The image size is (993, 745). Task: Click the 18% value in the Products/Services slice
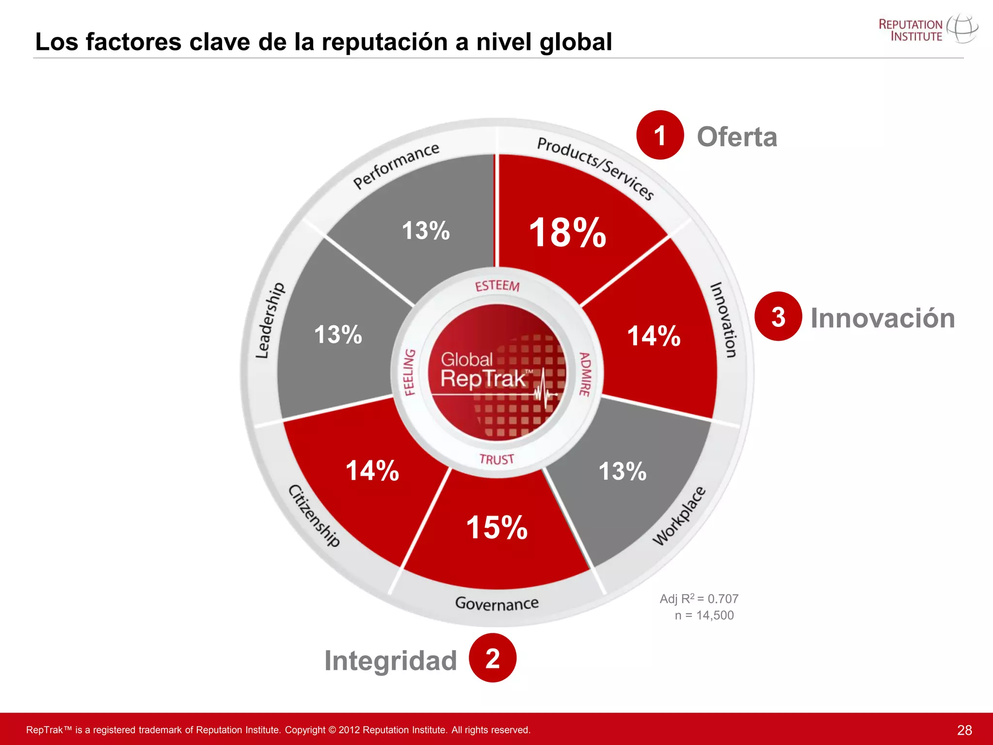567,233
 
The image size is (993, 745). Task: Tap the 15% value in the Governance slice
496,528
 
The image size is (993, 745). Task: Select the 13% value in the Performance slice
426,230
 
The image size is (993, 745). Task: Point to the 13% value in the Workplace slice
623,471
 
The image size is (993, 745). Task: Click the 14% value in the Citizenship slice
372,471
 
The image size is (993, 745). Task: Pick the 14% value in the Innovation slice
654,336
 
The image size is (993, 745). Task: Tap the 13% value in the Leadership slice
338,335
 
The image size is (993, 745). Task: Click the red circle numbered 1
660,135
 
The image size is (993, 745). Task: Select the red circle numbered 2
493,658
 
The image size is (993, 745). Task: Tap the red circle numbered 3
778,317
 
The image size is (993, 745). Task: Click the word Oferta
737,137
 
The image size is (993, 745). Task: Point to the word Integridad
390,661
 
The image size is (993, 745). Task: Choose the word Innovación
882,318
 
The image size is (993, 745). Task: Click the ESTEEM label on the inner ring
497,286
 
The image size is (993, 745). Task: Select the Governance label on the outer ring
496,603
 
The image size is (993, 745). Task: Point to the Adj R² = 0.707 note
699,599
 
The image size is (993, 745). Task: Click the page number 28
964,730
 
